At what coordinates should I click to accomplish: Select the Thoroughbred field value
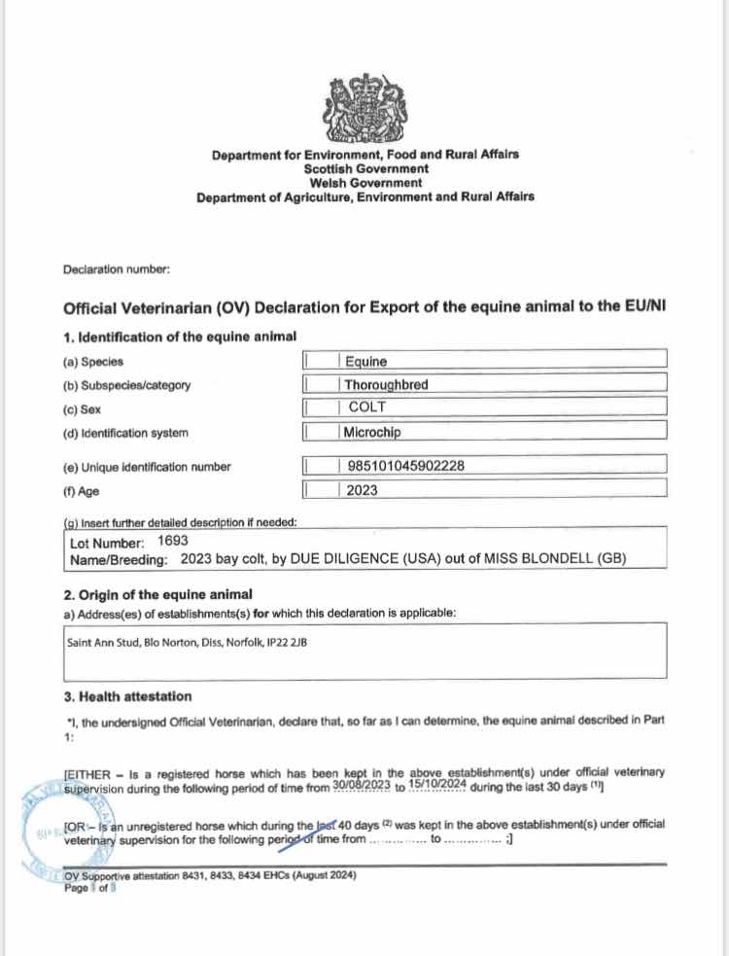coord(386,384)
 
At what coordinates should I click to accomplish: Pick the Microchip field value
coord(372,432)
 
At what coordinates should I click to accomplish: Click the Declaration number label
coord(117,269)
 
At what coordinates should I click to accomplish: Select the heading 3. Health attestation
coord(127,696)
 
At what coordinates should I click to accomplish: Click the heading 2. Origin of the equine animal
coord(157,594)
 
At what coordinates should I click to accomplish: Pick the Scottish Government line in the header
coord(364,167)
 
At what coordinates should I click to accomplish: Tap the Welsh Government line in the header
coord(364,182)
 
